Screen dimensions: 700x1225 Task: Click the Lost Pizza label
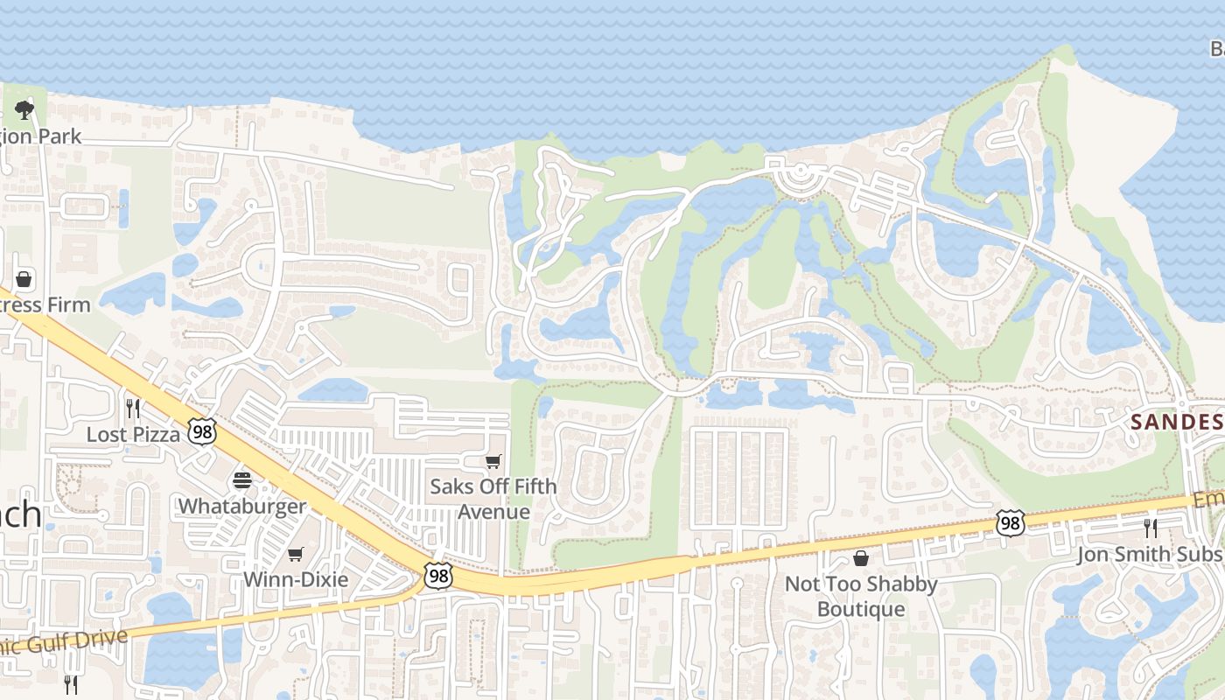pos(134,434)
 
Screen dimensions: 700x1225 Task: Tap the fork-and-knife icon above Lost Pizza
pos(133,407)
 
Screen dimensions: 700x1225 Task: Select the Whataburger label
pos(242,506)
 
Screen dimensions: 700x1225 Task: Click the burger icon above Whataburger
pos(242,479)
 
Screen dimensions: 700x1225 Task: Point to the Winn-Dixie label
pos(296,579)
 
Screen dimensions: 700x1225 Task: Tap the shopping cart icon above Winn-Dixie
pos(296,554)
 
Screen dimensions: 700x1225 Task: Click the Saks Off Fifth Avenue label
pos(493,499)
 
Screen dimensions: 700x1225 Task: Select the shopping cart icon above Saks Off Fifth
pos(493,461)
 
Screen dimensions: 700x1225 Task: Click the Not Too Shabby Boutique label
pos(861,596)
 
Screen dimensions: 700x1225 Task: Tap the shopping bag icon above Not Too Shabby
pos(861,557)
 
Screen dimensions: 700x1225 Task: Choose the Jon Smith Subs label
pos(1149,554)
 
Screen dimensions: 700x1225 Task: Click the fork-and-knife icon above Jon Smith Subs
pos(1150,528)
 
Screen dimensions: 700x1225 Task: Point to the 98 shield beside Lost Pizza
pos(203,431)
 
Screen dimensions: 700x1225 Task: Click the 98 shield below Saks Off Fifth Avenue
pos(437,575)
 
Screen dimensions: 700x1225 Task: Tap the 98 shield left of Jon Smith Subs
pos(1010,523)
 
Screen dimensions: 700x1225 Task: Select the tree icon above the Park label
pos(24,110)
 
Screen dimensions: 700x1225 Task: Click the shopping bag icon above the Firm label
pos(24,279)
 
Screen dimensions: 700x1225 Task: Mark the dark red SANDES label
pos(1176,422)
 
